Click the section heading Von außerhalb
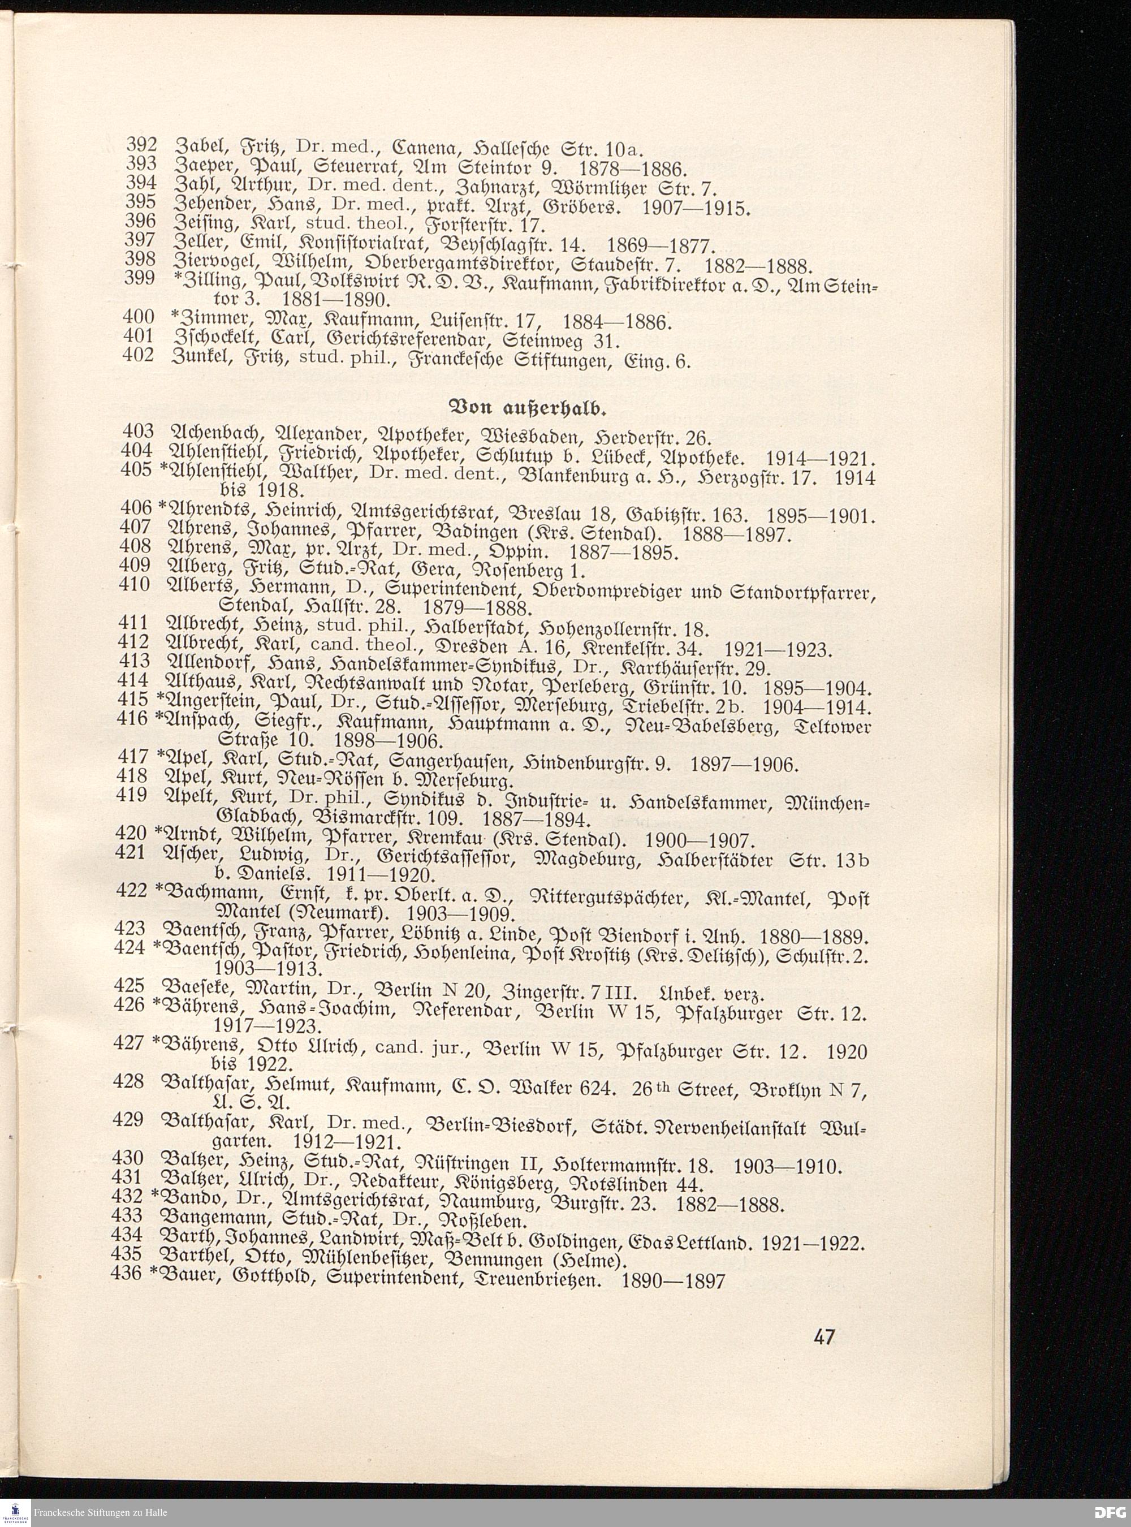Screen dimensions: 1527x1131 527,410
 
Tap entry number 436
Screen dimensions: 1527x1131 127,1273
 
